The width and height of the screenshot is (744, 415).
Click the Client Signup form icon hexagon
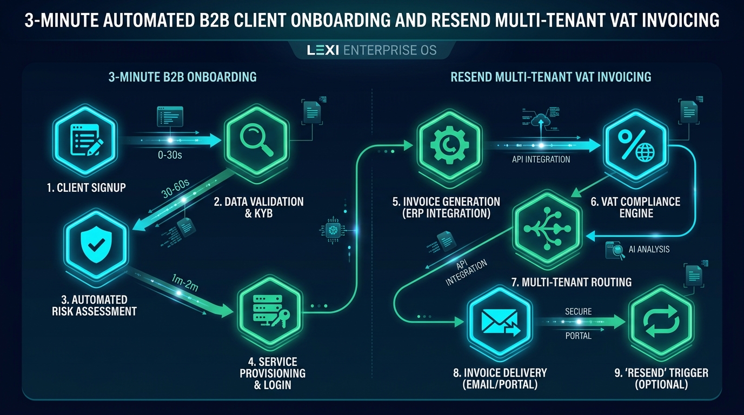[x=85, y=140]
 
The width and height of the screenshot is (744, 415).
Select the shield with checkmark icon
[x=96, y=245]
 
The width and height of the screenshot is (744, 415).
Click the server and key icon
[x=271, y=311]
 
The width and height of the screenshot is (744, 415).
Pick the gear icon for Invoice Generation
[x=450, y=145]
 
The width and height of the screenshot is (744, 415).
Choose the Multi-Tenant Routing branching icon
[x=547, y=229]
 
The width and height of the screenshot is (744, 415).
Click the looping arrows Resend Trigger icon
[x=661, y=321]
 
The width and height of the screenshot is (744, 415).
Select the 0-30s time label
[x=170, y=155]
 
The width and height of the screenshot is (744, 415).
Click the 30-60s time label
[x=175, y=188]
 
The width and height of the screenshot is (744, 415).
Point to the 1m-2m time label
[x=185, y=283]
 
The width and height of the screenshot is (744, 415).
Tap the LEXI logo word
[x=323, y=50]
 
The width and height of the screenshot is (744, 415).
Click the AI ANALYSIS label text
[x=649, y=249]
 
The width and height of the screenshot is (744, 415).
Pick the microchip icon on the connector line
[x=333, y=230]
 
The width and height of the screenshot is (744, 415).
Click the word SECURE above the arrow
[x=578, y=311]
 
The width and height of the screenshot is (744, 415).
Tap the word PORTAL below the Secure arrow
[x=578, y=336]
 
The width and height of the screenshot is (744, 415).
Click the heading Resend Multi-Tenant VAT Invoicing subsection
[x=550, y=77]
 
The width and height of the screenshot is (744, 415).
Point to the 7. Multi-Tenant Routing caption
[x=572, y=282]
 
